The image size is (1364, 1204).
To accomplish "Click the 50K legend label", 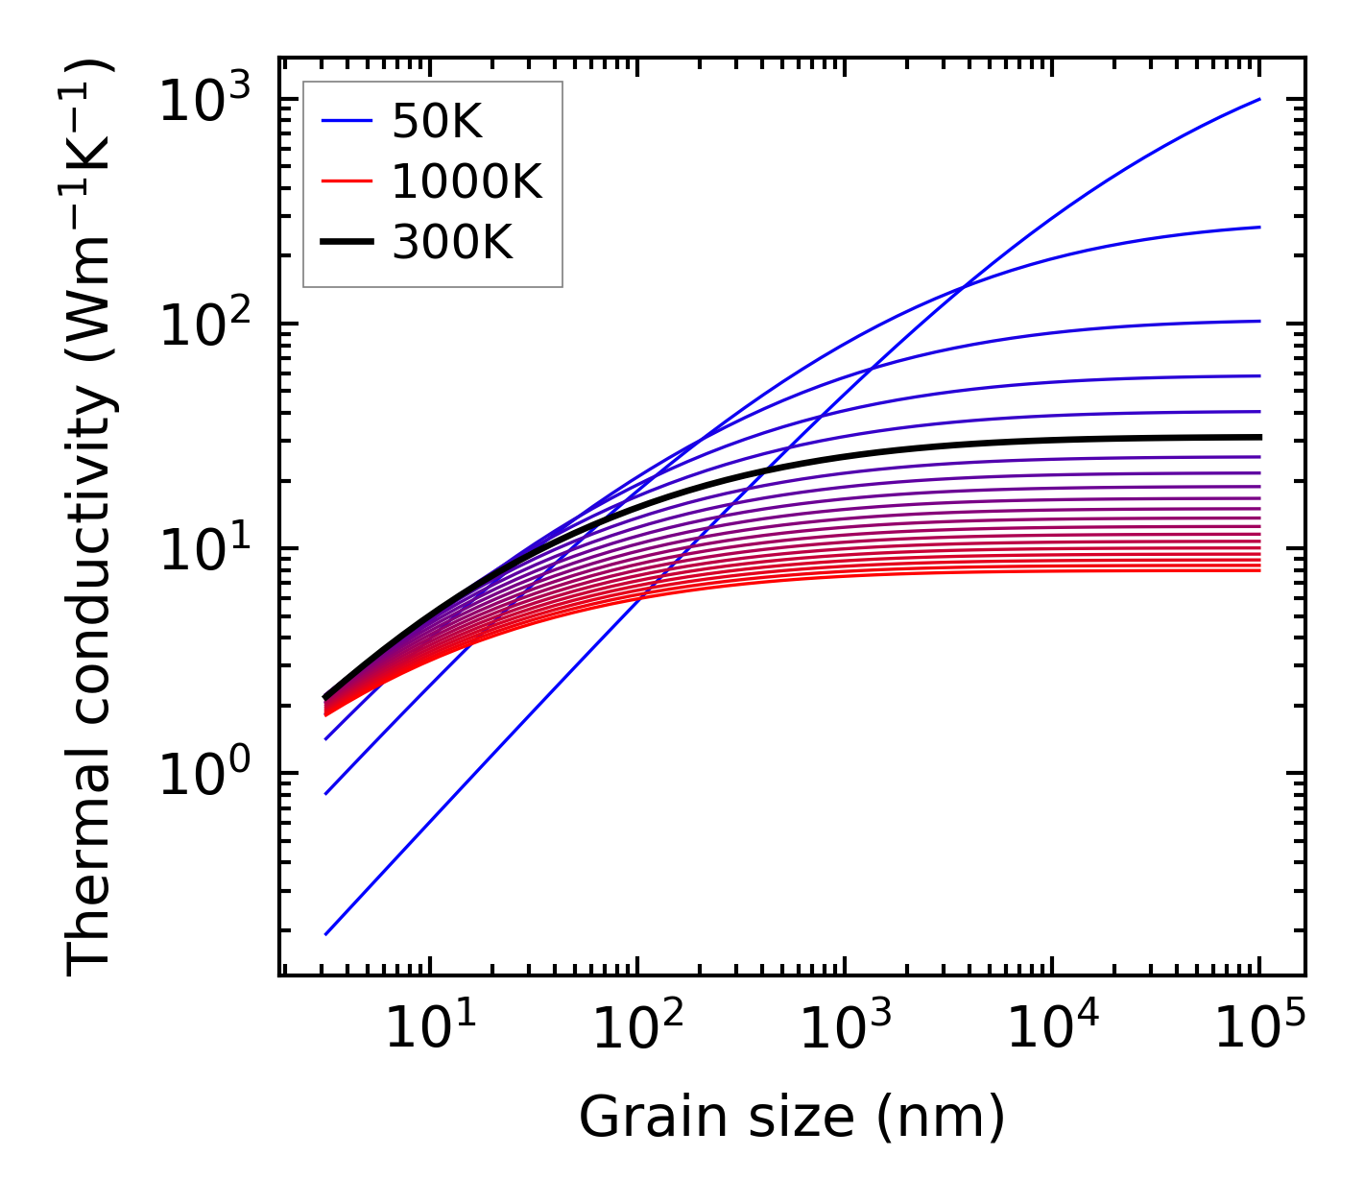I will click(437, 122).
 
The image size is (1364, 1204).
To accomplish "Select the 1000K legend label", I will click(467, 182).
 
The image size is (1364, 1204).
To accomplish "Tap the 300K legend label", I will click(452, 244).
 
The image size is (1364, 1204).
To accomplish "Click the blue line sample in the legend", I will click(346, 122).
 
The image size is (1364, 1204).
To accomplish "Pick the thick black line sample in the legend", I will click(346, 244).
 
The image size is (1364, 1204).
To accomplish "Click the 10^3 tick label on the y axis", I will click(203, 101).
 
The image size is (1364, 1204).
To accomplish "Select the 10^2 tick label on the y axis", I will click(203, 325).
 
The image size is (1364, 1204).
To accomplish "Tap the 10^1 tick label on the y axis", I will click(203, 550).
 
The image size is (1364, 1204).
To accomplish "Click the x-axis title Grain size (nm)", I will click(792, 1118).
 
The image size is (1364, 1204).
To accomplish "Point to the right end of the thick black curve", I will click(1258, 437).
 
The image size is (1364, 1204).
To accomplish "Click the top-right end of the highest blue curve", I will click(1258, 99).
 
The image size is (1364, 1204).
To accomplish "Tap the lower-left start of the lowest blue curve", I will click(326, 933).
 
